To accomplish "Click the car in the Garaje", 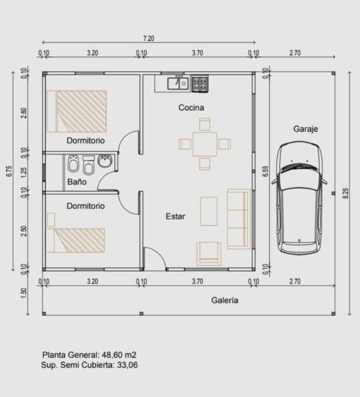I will [302, 198].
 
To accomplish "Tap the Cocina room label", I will [191, 108].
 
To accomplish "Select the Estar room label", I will [175, 216].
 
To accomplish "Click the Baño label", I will [77, 183].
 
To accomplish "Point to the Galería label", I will [225, 300].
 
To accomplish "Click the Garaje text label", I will [305, 129].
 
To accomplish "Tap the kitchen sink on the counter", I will [178, 83].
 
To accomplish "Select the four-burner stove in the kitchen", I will [199, 83].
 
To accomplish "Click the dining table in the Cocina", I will [205, 144].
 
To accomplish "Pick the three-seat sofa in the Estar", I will [238, 218].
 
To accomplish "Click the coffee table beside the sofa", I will [209, 211].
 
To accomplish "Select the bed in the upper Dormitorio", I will [77, 111].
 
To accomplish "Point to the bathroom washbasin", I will [105, 161].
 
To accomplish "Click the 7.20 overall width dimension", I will [149, 38].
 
